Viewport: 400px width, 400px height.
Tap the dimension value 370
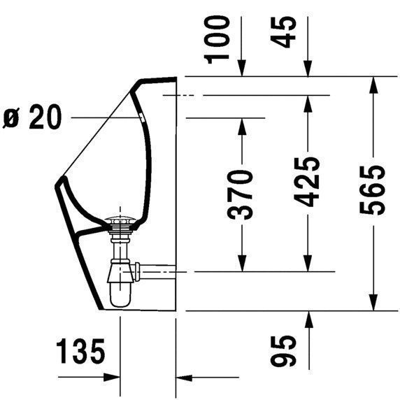click(x=241, y=194)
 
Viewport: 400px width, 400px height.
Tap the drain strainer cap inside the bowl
click(x=121, y=224)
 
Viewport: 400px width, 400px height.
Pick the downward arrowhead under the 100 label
click(x=241, y=69)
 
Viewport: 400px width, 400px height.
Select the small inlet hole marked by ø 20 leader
click(x=143, y=117)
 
